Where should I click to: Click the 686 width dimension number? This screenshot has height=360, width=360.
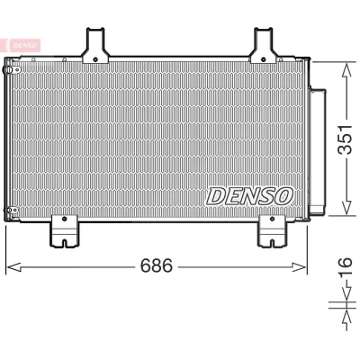click(157, 265)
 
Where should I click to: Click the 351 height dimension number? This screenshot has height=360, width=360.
click(345, 139)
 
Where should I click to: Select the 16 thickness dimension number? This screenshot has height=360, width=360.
click(345, 266)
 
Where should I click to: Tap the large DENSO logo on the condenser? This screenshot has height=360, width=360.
click(249, 196)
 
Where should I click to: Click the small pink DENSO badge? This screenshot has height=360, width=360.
click(23, 45)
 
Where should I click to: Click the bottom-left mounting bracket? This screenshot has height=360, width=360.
click(65, 231)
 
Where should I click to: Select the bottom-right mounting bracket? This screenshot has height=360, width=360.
click(272, 231)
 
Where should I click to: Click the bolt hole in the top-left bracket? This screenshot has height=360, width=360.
click(95, 59)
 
